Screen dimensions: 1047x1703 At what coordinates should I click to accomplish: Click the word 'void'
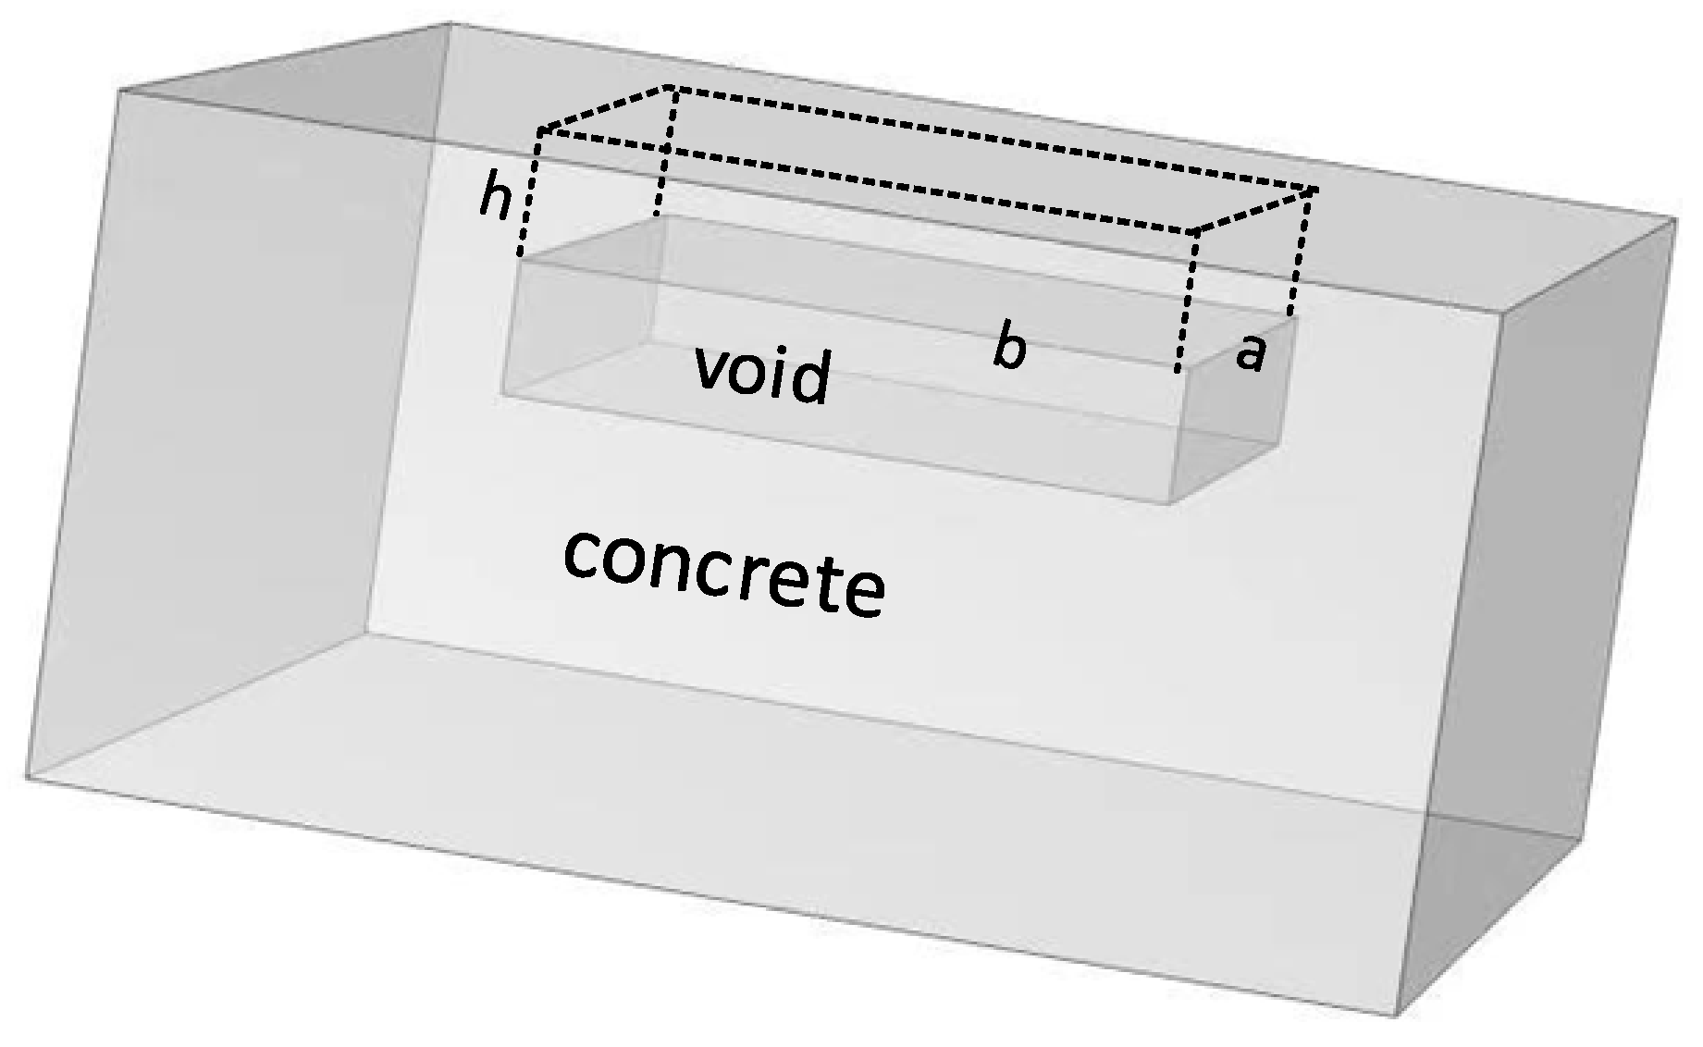click(x=761, y=374)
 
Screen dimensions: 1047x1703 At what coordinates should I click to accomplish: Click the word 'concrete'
click(x=723, y=573)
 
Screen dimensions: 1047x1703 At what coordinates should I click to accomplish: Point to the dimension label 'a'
click(x=1250, y=353)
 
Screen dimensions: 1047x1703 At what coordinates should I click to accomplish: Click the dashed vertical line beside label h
click(x=528, y=194)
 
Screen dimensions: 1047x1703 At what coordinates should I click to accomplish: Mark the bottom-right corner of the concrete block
click(x=1394, y=1016)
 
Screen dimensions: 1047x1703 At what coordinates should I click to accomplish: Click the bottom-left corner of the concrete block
click(x=26, y=777)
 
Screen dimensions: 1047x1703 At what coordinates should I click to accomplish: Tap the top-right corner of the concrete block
click(x=1675, y=219)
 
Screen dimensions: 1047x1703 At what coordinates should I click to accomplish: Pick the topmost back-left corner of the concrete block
click(x=450, y=23)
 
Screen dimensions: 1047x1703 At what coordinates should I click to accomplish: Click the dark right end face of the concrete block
click(x=1536, y=601)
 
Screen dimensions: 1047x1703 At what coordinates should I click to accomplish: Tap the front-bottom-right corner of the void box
click(x=1168, y=503)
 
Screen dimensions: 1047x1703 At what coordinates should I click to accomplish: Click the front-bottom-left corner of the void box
click(x=502, y=396)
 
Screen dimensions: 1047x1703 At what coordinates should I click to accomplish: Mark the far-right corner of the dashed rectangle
click(x=1315, y=190)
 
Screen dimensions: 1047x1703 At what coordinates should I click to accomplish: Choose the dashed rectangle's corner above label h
click(x=539, y=131)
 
